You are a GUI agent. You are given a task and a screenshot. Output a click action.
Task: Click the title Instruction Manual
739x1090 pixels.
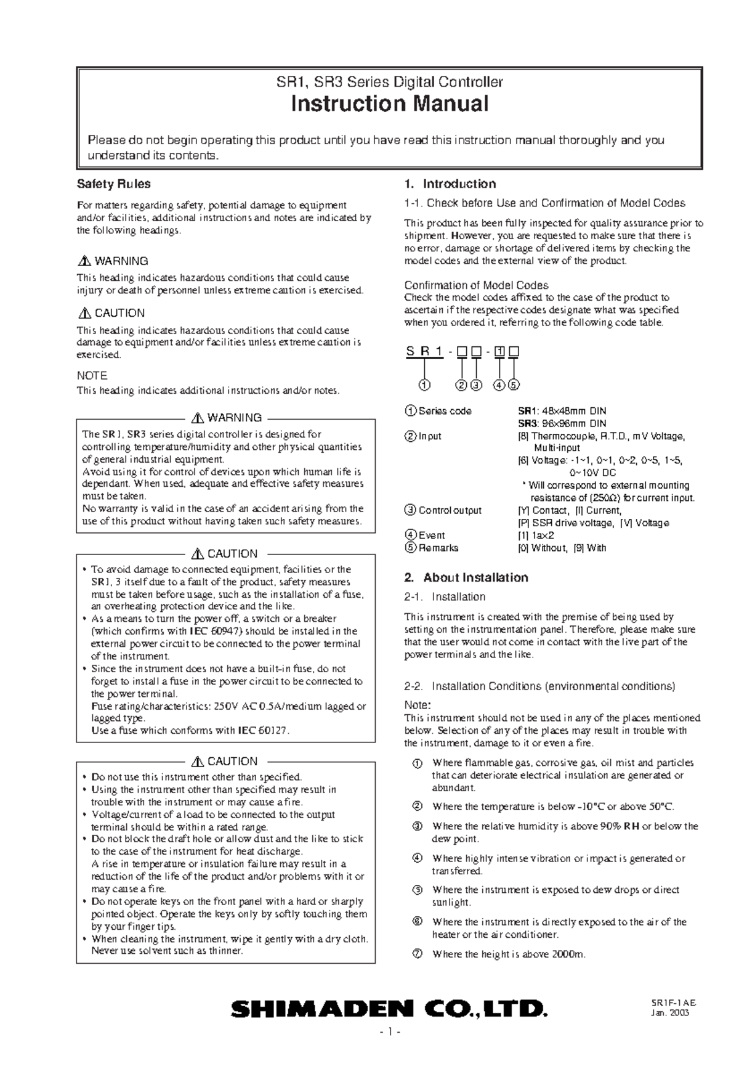[x=389, y=104]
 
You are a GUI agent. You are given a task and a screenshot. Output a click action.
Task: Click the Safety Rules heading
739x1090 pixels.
[x=113, y=184]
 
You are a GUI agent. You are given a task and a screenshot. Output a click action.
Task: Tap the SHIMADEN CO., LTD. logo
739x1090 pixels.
[x=388, y=1008]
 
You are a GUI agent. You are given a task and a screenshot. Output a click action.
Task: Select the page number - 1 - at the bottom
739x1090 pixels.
[x=390, y=1032]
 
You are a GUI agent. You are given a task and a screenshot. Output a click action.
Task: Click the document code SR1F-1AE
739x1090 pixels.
[x=676, y=1003]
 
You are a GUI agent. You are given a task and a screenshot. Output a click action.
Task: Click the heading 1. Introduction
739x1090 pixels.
[x=450, y=184]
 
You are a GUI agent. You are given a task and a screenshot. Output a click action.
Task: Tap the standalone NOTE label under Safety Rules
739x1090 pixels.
[x=92, y=375]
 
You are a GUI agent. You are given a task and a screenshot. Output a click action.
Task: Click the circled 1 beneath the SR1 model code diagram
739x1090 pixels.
[x=424, y=385]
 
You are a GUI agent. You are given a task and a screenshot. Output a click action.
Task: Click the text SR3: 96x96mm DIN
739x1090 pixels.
[x=562, y=423]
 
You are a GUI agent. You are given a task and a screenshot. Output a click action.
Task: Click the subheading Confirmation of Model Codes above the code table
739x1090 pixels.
[x=476, y=285]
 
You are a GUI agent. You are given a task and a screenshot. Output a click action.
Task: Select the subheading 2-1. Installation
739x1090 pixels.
[x=445, y=596]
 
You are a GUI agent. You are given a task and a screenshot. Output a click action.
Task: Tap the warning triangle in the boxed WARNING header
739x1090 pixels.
[x=198, y=418]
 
